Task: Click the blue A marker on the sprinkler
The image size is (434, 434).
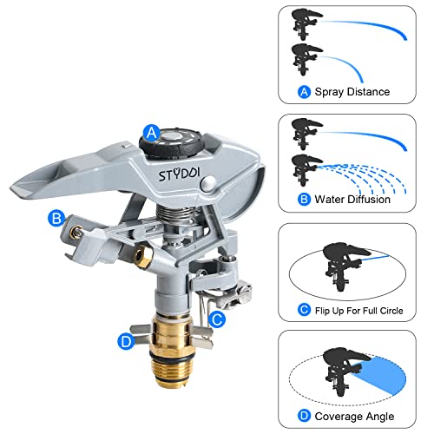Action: click(x=152, y=133)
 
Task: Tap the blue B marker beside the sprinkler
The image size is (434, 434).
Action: click(x=56, y=218)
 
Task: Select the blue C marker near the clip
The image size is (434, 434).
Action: click(x=217, y=319)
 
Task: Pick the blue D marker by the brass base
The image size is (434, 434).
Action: click(x=127, y=341)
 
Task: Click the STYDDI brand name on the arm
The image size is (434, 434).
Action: click(x=179, y=174)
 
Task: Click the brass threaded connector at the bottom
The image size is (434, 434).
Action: click(x=172, y=350)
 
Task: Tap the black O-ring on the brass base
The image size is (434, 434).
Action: click(x=172, y=357)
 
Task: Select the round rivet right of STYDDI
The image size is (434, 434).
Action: click(x=208, y=183)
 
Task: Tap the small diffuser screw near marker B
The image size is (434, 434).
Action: click(x=75, y=232)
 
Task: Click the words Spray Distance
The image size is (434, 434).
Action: click(x=352, y=92)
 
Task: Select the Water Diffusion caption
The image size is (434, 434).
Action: click(x=352, y=200)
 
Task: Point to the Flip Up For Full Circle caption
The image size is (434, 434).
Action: click(x=358, y=311)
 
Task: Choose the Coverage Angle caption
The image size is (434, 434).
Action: click(x=354, y=417)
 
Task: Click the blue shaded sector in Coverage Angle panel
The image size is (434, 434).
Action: click(x=382, y=375)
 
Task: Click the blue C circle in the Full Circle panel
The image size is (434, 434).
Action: click(x=304, y=310)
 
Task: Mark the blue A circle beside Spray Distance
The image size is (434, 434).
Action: click(x=304, y=92)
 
